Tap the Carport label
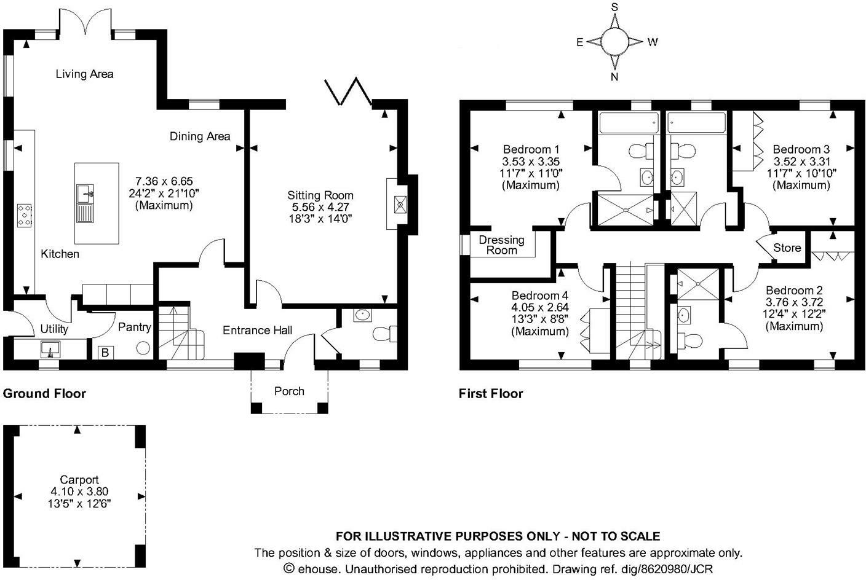coord(79,480)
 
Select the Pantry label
coord(134,327)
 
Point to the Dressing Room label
coord(501,245)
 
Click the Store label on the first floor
coord(787,248)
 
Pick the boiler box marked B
coord(105,353)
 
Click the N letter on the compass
coord(614,77)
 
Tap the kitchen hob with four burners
coord(25,216)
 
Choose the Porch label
coord(289,391)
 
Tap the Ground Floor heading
coord(44,393)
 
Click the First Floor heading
coord(491,393)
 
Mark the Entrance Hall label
coord(257,330)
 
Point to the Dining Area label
coord(200,136)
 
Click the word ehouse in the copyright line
coord(318,568)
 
